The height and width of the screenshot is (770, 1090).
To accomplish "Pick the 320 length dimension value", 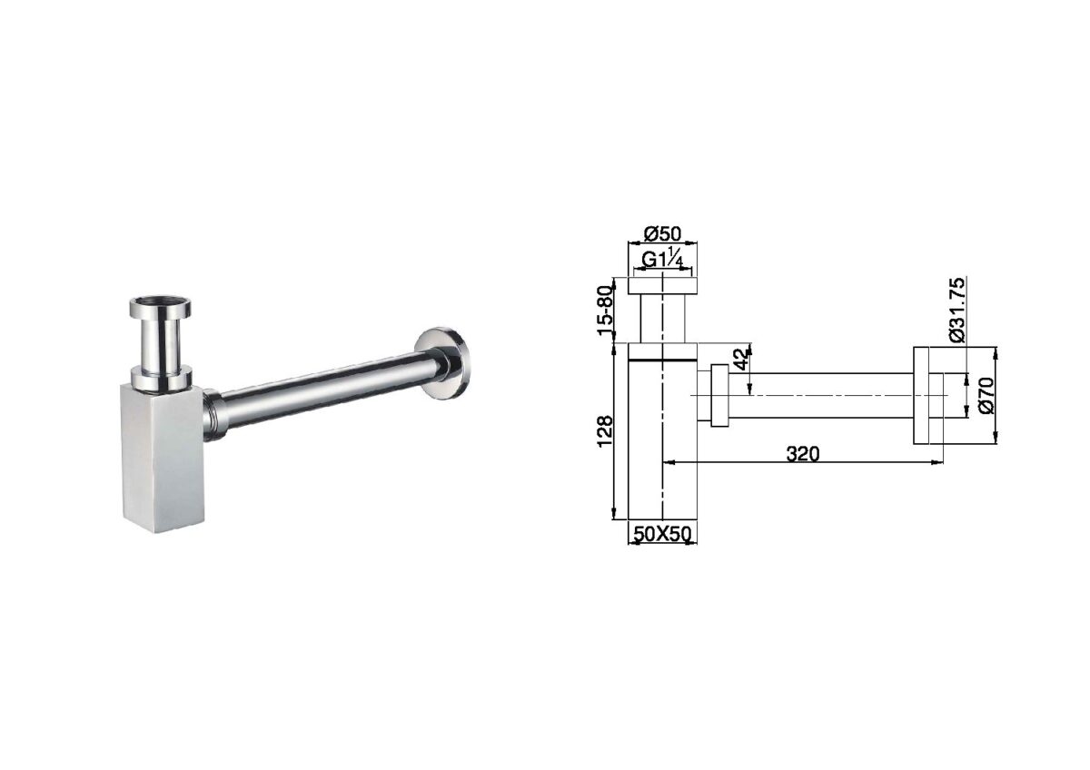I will coord(803,454).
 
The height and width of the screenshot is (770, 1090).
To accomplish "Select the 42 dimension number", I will coord(741,359).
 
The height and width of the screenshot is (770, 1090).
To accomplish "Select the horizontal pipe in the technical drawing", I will coord(817,395).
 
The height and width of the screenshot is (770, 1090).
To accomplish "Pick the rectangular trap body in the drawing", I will coord(662,436).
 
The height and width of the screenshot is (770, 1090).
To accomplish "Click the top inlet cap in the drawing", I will coord(662,285).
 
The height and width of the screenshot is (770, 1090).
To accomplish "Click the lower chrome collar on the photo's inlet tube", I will coord(161,376).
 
